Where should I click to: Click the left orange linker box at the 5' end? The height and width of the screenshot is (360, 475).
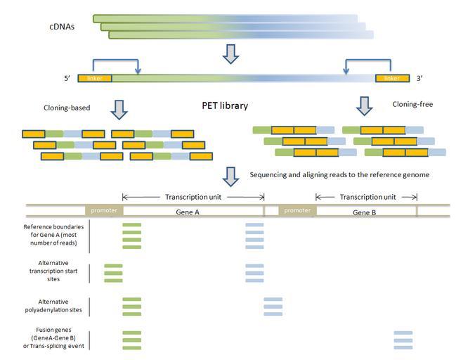pyautogui.click(x=94, y=78)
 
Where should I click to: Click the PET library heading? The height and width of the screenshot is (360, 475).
pyautogui.click(x=225, y=106)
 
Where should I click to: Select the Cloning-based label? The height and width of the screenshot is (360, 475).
pyautogui.click(x=67, y=108)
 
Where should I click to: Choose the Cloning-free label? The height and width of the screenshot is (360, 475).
pyautogui.click(x=412, y=104)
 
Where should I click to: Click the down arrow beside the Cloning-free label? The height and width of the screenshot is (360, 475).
pyautogui.click(x=364, y=106)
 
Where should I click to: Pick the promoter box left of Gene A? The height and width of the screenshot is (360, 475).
pyautogui.click(x=104, y=210)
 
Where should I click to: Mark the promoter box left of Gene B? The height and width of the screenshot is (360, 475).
pyautogui.click(x=297, y=210)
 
